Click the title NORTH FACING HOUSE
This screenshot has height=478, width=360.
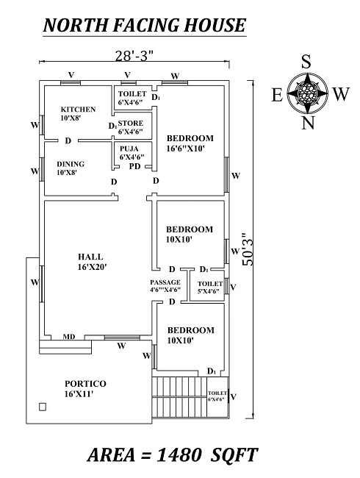(x=144, y=26)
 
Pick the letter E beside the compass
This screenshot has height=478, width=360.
(x=277, y=94)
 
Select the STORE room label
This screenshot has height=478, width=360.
(x=131, y=127)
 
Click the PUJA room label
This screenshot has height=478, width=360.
(x=131, y=152)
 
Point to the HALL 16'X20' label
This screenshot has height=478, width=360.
(x=93, y=261)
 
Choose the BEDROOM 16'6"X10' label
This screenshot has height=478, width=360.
(x=190, y=143)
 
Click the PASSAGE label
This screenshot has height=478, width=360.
(x=165, y=286)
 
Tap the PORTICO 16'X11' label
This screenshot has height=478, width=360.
(x=85, y=389)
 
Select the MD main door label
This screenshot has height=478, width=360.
(x=68, y=336)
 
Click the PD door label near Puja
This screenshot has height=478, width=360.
(x=134, y=166)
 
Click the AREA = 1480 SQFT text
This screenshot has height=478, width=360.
(x=173, y=455)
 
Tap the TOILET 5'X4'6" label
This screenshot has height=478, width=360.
(x=210, y=288)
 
